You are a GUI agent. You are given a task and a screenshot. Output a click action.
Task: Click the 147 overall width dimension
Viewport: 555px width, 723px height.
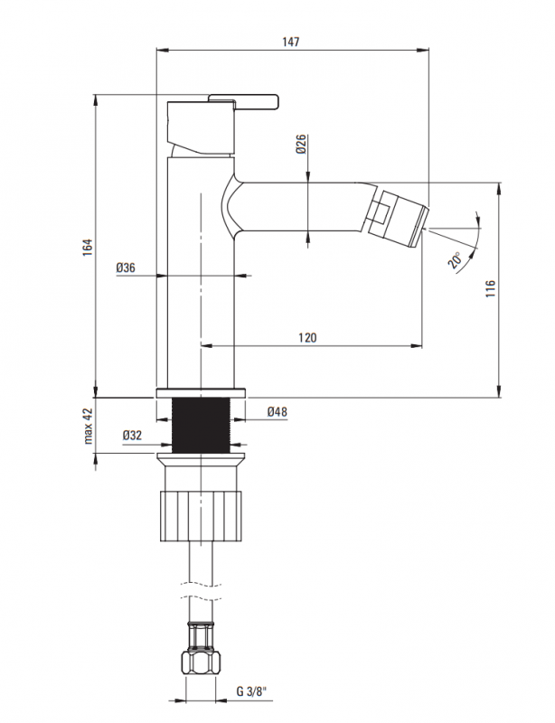click(291, 42)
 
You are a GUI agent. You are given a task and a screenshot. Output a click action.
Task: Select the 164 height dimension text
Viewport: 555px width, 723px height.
click(88, 248)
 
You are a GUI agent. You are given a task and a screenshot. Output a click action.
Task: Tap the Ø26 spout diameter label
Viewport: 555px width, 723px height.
click(301, 144)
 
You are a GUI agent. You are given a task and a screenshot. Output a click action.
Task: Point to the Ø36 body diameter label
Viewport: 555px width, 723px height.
click(126, 268)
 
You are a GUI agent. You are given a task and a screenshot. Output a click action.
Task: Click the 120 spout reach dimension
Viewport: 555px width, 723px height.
click(307, 338)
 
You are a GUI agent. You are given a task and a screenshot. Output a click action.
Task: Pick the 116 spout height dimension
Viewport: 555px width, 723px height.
click(490, 288)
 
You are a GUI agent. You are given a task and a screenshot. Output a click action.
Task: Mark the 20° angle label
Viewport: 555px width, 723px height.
click(455, 260)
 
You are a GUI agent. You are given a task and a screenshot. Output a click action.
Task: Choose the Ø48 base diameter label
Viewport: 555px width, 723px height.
click(277, 411)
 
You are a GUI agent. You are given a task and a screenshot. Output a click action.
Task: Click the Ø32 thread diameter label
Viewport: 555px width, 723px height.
click(132, 435)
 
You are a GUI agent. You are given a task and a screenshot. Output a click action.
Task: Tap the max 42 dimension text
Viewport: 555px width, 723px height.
click(88, 426)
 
